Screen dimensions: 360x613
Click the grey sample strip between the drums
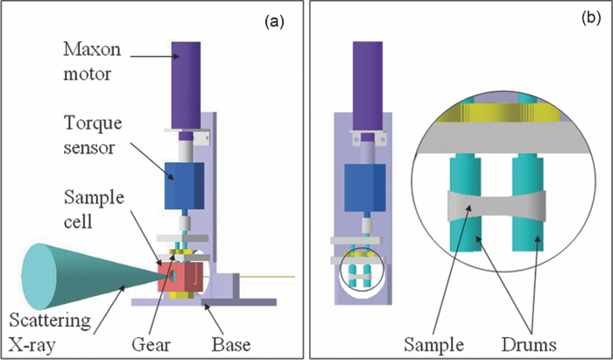point(499,205)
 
